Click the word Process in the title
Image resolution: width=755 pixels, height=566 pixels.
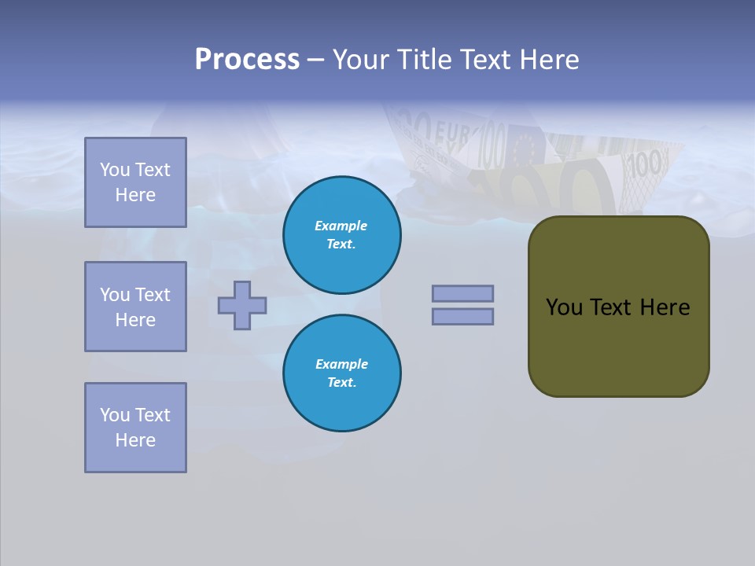[x=247, y=60]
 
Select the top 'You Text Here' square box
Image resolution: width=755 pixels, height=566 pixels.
[x=135, y=182]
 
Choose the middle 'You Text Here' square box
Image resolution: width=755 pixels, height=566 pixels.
[x=135, y=307]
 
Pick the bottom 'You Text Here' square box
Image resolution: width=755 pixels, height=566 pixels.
[x=135, y=428]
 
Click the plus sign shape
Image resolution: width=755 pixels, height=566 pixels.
[x=242, y=305]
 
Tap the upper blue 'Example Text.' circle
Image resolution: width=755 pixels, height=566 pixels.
[x=342, y=235]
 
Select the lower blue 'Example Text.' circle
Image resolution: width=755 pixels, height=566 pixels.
[x=342, y=373]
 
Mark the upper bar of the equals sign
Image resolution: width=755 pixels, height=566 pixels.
[x=462, y=293]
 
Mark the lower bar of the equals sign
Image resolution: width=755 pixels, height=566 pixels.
[x=462, y=316]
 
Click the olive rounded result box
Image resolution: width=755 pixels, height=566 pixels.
[x=618, y=307]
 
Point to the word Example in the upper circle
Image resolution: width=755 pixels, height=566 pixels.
[x=341, y=226]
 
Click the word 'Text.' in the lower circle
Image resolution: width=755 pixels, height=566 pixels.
[x=341, y=383]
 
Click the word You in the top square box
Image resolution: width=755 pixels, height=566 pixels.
[x=114, y=170]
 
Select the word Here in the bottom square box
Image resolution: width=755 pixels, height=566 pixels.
[x=135, y=440]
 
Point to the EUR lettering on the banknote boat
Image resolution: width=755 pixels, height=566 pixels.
[x=451, y=133]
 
